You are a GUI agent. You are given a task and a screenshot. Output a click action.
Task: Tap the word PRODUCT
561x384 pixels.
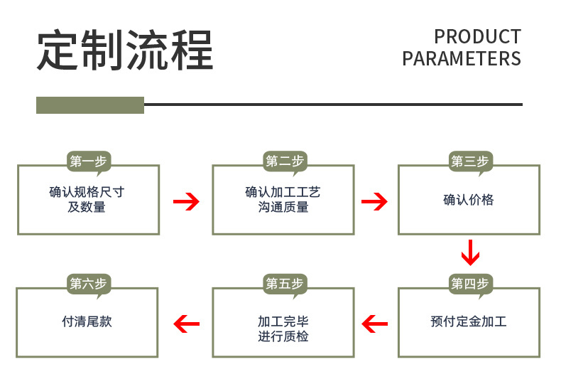(x=477, y=36)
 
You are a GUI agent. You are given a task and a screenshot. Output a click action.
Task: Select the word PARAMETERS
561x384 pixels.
(x=462, y=58)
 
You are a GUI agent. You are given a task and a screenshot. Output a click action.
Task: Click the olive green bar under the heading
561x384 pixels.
(x=90, y=105)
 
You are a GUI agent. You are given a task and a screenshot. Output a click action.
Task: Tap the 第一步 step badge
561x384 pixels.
(x=88, y=161)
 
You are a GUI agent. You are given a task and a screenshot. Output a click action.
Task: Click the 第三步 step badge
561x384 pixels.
(x=469, y=161)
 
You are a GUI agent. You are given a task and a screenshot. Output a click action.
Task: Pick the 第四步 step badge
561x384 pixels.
(x=469, y=284)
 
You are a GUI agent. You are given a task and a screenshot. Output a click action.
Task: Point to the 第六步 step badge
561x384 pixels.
(x=88, y=284)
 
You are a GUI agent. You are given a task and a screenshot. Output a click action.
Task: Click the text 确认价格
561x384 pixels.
(x=469, y=200)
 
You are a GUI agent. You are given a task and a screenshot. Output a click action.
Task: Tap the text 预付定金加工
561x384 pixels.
(x=469, y=322)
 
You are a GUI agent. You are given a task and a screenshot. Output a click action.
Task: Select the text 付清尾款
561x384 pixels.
(x=87, y=321)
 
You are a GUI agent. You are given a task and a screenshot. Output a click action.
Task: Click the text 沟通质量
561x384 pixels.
(x=283, y=208)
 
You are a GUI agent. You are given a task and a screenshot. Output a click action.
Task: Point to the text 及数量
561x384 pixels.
(x=87, y=208)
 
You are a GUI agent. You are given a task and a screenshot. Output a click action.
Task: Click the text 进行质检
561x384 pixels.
(x=283, y=336)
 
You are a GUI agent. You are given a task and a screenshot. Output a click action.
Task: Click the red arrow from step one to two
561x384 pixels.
(x=186, y=202)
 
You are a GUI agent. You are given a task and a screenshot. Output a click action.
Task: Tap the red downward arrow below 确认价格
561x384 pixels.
(x=470, y=253)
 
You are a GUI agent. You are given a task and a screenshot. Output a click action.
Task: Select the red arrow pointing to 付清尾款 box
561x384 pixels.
(x=186, y=324)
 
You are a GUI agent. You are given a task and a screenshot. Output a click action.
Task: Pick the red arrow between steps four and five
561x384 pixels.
(x=374, y=324)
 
